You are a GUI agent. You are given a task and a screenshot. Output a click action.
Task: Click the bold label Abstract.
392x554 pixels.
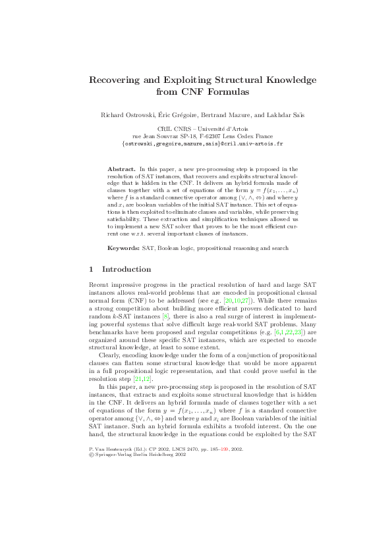coord(122,170)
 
